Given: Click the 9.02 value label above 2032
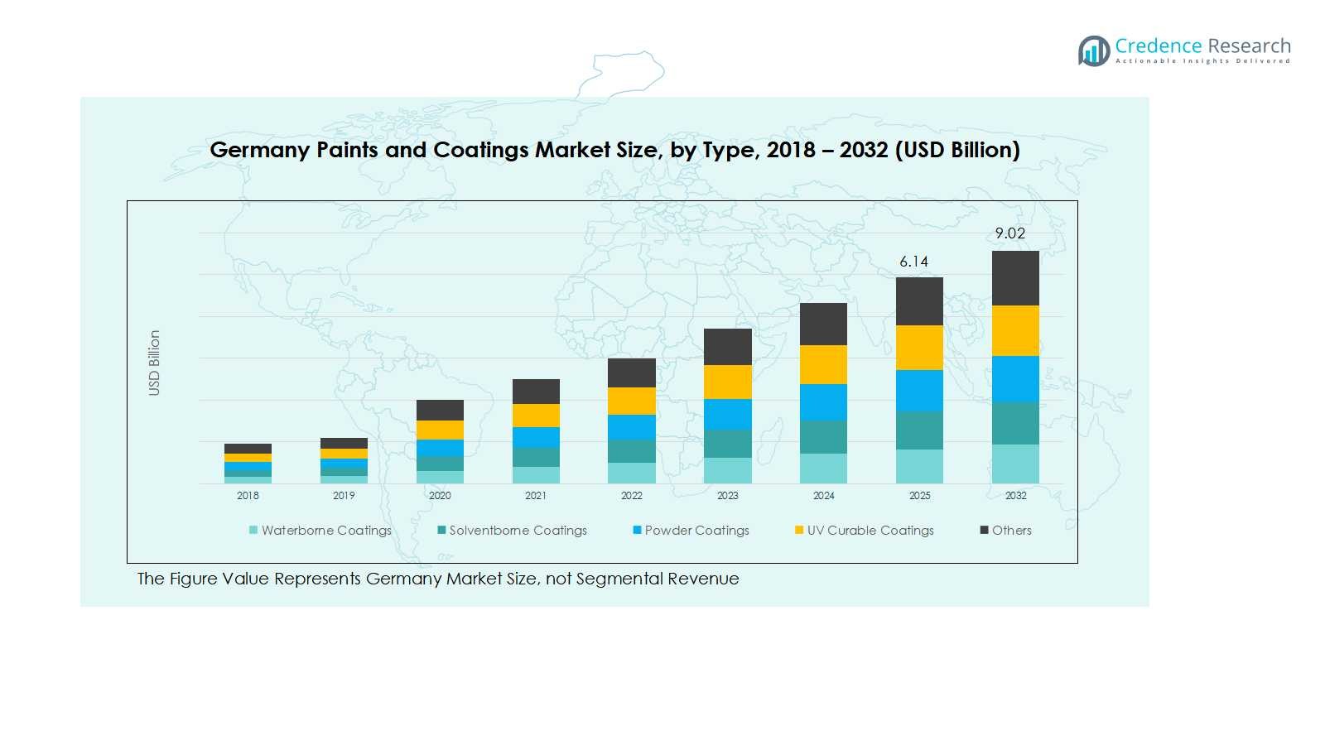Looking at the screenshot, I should pos(1009,233).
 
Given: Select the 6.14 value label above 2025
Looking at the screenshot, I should pos(913,262).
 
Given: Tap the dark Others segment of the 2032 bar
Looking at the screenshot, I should pos(1015,278).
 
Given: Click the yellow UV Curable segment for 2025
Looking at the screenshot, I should pos(919,348).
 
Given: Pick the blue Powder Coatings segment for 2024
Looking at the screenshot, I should pos(823,402).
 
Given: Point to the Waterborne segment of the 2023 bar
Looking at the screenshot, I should pos(727,470).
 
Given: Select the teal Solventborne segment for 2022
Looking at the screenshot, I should pos(631,451).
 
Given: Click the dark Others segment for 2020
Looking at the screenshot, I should pos(440,410).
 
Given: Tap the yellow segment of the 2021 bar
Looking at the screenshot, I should pos(536,416).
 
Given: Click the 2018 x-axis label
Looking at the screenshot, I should pos(248,496).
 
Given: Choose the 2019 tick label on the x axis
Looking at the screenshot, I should pos(344,496).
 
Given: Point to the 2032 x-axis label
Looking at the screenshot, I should pos(1015,496).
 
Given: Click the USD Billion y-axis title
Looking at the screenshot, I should pos(154,363).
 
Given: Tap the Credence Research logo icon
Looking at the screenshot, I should pos(1093,50).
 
